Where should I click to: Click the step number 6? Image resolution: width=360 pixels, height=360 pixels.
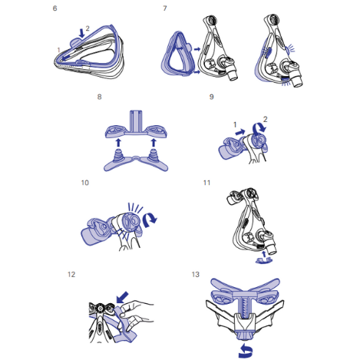coord(54,8)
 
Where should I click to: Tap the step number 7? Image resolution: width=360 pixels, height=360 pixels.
coord(165,8)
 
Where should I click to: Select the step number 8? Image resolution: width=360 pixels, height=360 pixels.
coord(100,97)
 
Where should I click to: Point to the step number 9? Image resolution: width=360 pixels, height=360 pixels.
coord(212,97)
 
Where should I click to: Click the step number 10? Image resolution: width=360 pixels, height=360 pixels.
coord(85,183)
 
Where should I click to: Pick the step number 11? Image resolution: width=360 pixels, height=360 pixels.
coord(206,183)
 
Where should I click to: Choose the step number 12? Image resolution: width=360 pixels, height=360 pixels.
coord(71,275)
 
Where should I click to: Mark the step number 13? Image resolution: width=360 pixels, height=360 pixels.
coord(196,275)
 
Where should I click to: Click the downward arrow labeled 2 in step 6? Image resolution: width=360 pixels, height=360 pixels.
coord(81,33)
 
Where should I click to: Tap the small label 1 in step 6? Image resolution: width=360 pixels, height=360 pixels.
coord(58,50)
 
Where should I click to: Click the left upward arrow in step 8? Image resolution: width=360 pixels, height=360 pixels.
coord(118,143)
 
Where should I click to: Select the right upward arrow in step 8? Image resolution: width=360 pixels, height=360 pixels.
coord(154,143)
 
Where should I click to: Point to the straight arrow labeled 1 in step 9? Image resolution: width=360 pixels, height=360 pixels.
coord(239,132)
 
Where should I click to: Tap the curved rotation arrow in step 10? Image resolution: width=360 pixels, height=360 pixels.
coord(150,220)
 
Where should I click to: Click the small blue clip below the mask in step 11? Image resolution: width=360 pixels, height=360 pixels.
coord(264,260)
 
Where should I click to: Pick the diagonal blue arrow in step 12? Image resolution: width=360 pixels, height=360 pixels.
coord(122,297)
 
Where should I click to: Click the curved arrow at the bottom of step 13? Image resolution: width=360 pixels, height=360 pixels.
coord(246,351)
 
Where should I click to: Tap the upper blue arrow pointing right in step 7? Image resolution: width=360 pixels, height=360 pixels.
coord(197,49)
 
